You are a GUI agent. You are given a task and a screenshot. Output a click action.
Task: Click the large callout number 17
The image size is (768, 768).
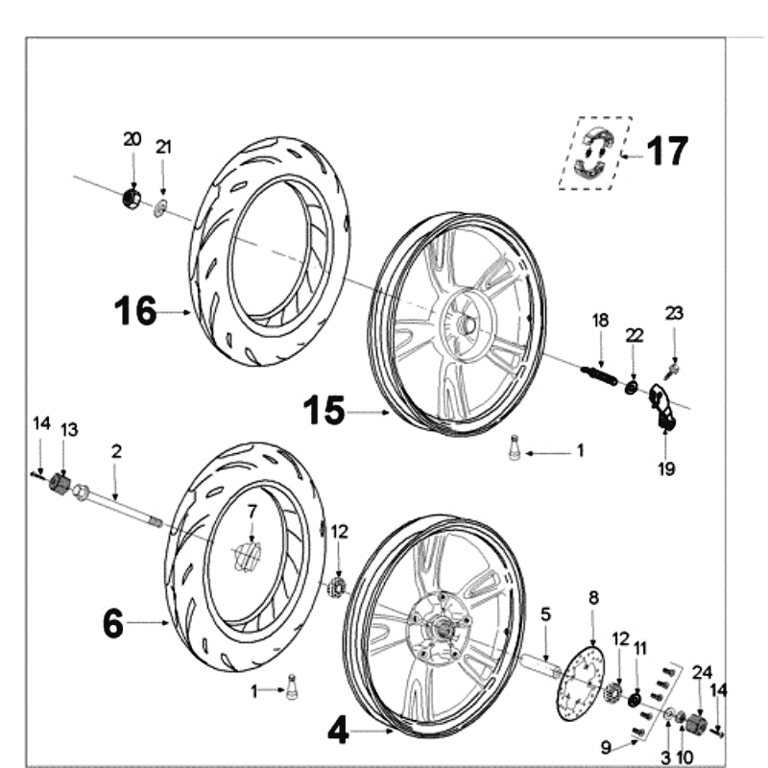pyautogui.click(x=666, y=151)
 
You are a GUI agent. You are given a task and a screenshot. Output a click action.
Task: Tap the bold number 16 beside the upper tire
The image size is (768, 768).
pyautogui.click(x=134, y=311)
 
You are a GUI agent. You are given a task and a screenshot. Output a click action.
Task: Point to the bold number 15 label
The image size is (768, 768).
pyautogui.click(x=324, y=411)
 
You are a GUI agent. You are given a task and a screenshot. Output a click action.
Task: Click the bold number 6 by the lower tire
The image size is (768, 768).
pyautogui.click(x=113, y=623)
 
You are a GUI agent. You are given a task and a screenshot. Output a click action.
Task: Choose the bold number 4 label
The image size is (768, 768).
pyautogui.click(x=338, y=732)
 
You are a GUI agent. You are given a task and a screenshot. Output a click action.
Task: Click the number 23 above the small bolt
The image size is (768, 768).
pyautogui.click(x=675, y=312)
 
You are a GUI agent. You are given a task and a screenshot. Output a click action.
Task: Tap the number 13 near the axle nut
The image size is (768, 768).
pyautogui.click(x=68, y=429)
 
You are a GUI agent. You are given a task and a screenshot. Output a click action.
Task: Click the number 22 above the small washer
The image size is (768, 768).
pyautogui.click(x=634, y=333)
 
